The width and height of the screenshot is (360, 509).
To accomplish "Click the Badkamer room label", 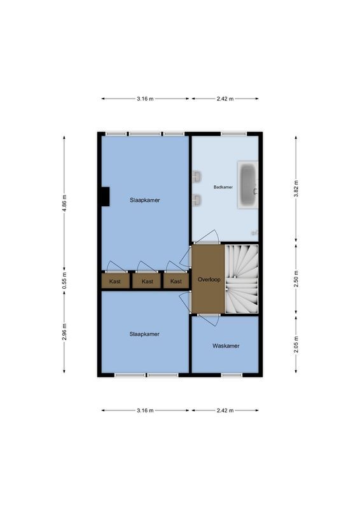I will pos(223,187).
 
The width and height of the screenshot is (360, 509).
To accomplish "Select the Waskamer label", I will pos(226,346).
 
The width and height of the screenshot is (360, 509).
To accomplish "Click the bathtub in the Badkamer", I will pos(247,185).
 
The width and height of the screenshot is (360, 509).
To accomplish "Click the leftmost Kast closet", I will pos(115,281).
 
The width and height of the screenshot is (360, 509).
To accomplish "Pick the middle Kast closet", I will pos(147,281).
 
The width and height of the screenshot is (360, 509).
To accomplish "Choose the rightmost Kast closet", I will pos(176,281).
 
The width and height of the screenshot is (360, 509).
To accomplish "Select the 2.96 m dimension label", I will pos(65,331).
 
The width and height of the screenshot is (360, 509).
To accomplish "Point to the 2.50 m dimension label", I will pos(296,279).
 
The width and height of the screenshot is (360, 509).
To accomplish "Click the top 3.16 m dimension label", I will pos(145,99).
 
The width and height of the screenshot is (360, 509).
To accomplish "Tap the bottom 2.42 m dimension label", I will pos(225,410).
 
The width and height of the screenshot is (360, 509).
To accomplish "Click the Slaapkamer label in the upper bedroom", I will pos(144,200).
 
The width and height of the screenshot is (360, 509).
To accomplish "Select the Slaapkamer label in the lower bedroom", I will pos(144,333).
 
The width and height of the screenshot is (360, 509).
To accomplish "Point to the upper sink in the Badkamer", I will pos(197,176).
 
